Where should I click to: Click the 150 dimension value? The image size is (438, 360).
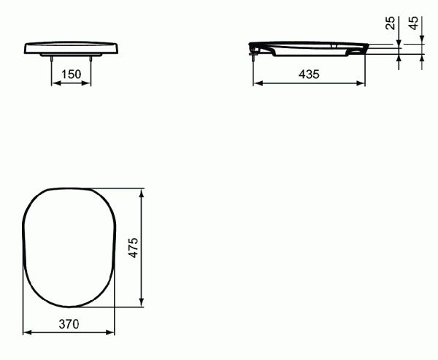[71, 74]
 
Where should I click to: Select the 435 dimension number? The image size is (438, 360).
[309, 74]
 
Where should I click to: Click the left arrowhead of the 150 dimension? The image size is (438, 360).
[53, 83]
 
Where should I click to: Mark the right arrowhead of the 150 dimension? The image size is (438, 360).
[88, 83]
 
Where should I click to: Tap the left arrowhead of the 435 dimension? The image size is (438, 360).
[257, 83]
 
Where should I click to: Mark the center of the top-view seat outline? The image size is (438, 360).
[70, 248]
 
